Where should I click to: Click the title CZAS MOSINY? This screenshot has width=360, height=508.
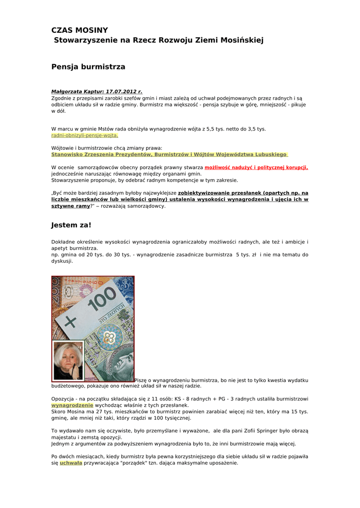point(79,30)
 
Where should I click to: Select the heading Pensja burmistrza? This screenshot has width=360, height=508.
point(88,66)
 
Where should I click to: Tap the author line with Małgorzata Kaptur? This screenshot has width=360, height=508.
point(96,92)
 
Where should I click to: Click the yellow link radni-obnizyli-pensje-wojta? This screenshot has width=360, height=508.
point(84,135)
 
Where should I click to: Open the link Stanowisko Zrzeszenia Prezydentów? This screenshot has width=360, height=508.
point(169,154)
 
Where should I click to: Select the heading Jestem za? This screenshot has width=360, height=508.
point(71,225)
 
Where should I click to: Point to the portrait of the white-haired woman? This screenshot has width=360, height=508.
point(68,361)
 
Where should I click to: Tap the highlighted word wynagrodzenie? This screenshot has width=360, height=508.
point(72,405)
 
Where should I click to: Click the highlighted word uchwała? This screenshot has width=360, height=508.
point(71,463)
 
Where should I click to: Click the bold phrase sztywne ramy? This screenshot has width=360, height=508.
point(71,206)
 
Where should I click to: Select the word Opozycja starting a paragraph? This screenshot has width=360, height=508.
point(64,398)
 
